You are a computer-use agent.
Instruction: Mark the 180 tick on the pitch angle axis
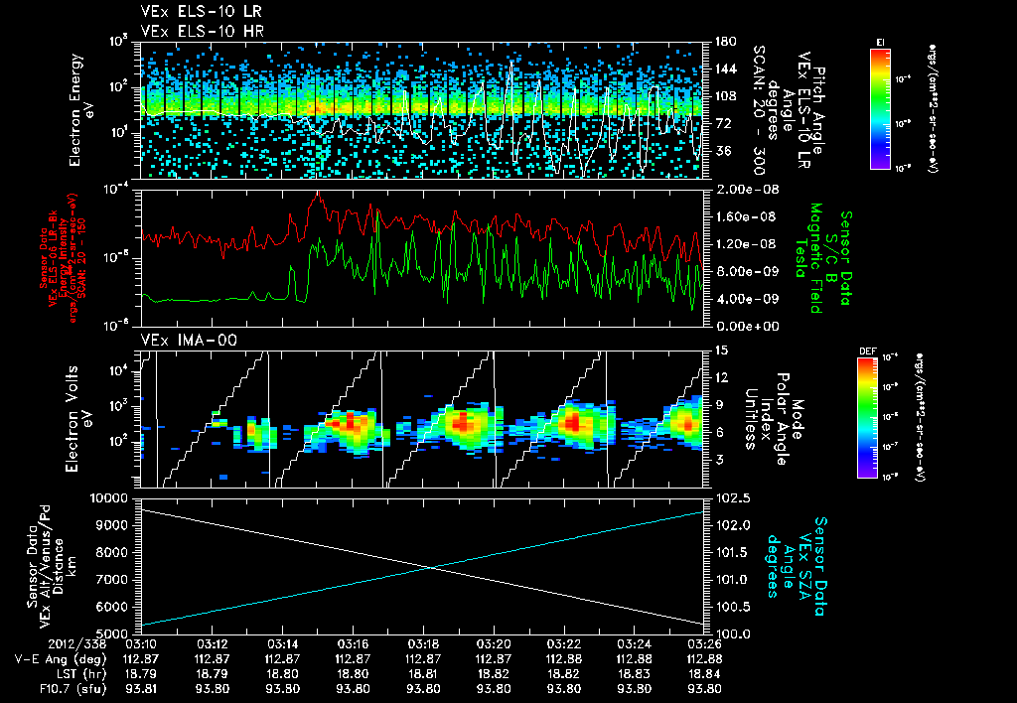pyautogui.click(x=721, y=42)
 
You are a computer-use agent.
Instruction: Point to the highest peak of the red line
pyautogui.click(x=317, y=195)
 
